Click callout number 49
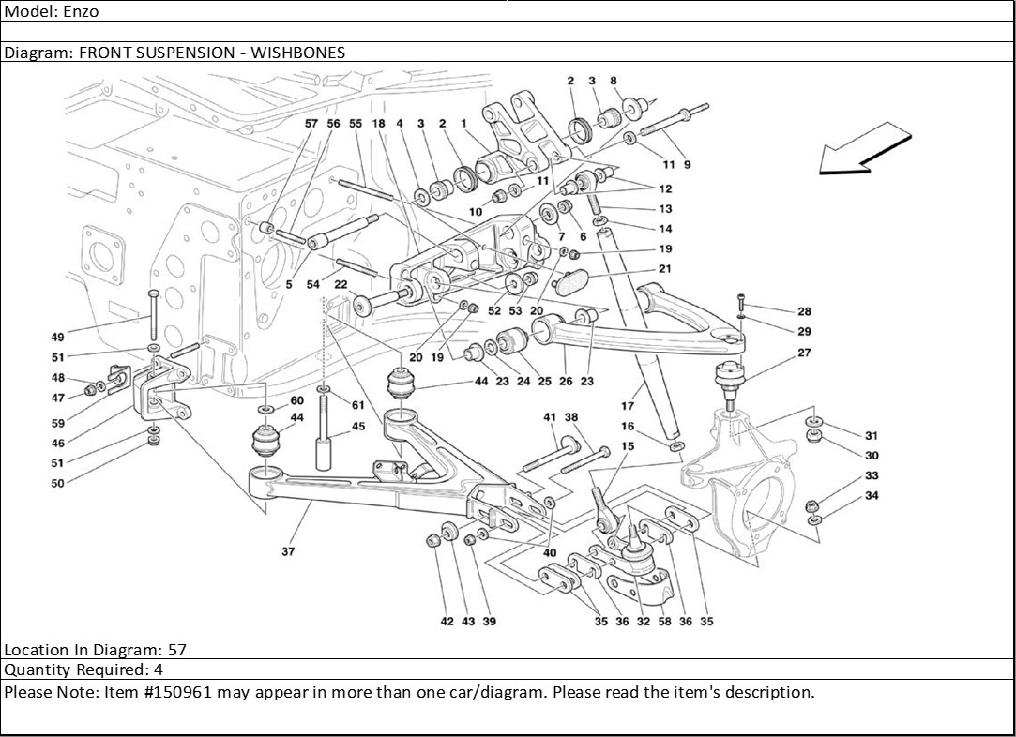click(x=58, y=337)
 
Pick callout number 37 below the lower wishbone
click(x=288, y=551)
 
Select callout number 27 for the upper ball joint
click(x=804, y=353)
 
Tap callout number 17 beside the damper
click(x=628, y=406)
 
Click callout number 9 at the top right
click(x=687, y=165)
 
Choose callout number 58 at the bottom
click(x=664, y=621)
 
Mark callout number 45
click(x=358, y=426)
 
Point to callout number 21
click(x=664, y=269)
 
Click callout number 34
click(x=872, y=496)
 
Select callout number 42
click(x=447, y=621)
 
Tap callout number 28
click(x=804, y=311)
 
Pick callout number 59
click(x=58, y=423)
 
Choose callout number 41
click(x=550, y=416)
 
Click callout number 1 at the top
click(x=463, y=123)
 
